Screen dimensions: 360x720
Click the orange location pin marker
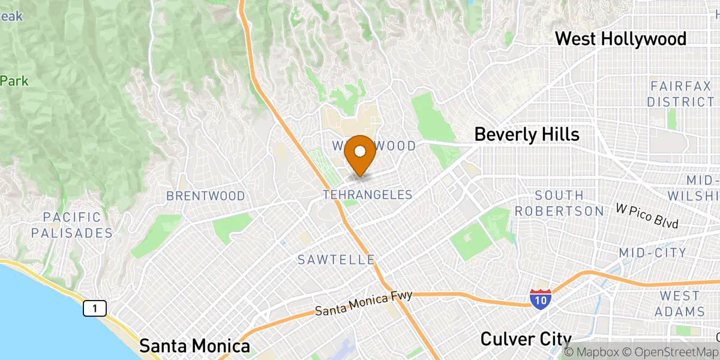[361, 155]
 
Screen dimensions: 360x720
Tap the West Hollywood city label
[620, 39]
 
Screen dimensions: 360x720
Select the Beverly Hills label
[527, 134]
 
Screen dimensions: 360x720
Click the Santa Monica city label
[194, 346]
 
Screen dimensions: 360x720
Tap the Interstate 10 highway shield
[541, 299]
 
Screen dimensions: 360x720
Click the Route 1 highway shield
[95, 308]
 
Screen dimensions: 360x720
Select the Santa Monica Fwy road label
[364, 303]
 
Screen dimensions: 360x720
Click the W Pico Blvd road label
[647, 216]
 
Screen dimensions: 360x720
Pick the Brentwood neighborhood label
[206, 196]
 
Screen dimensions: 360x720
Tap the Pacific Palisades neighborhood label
[72, 225]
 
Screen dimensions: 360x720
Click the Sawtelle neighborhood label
[337, 260]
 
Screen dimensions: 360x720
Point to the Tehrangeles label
[367, 195]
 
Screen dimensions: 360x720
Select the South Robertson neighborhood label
[559, 203]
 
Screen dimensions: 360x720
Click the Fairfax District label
[680, 94]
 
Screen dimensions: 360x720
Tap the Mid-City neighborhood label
[653, 253]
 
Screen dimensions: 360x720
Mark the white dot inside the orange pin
[361, 151]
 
